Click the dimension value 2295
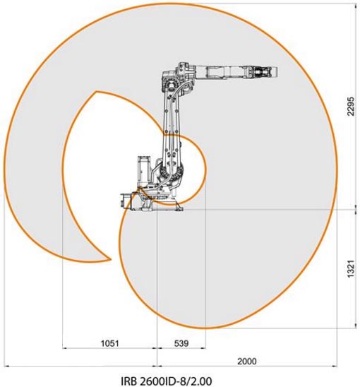[351, 106]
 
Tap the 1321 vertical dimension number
[351, 269]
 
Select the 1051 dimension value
[110, 343]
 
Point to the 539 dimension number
[181, 343]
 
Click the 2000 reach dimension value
[247, 362]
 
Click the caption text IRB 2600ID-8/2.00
[167, 381]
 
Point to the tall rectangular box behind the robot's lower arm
[143, 170]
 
